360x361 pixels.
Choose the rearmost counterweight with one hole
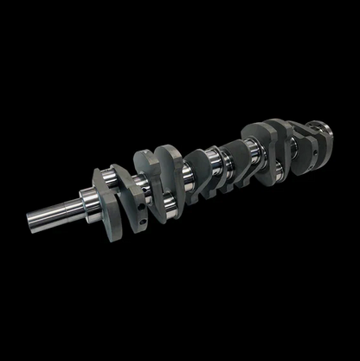coord(299,139)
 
